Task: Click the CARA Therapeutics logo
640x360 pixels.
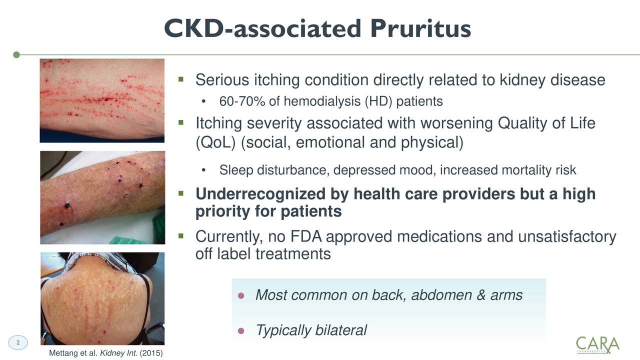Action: tap(597, 344)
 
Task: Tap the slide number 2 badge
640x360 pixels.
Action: tap(18, 342)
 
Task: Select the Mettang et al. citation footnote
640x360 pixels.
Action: tap(106, 354)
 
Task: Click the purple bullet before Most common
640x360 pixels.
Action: tap(240, 296)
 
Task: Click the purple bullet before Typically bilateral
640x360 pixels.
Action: tap(240, 331)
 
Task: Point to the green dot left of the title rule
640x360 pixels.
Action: tap(16, 54)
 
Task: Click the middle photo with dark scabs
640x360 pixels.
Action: tap(102, 197)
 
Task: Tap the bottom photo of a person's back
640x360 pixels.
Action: tap(102, 298)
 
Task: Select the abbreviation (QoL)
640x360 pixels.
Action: tap(215, 143)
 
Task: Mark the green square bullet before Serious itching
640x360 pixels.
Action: tap(181, 79)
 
